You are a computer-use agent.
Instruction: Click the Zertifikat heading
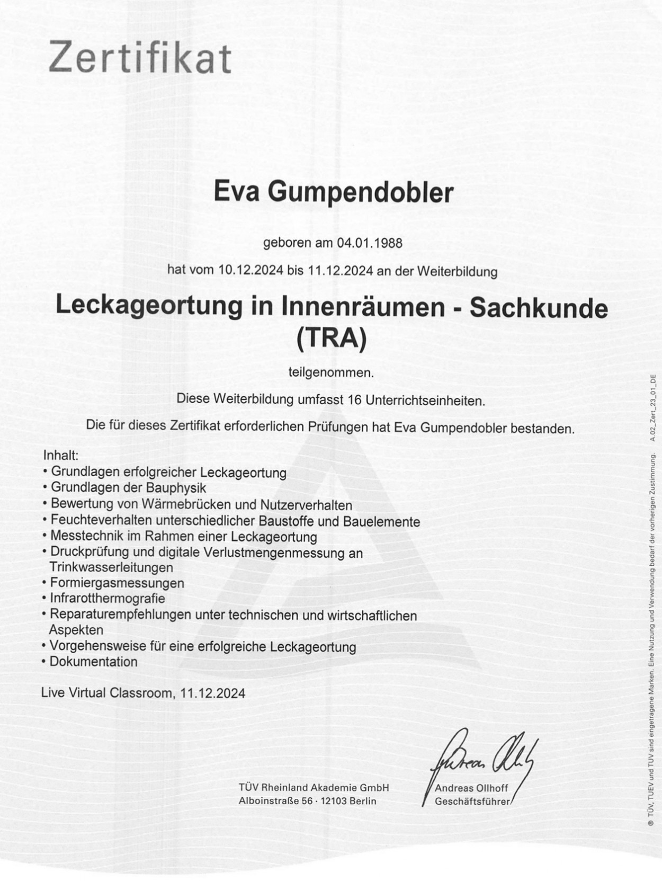point(140,57)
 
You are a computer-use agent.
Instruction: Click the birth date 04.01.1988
point(370,243)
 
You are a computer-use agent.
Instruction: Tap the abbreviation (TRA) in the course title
point(332,339)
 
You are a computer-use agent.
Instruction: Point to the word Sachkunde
point(538,308)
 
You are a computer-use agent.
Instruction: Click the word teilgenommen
point(331,372)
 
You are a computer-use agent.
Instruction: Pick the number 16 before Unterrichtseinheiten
point(354,400)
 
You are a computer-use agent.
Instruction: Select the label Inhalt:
point(60,455)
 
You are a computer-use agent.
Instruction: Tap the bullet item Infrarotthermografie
point(108,599)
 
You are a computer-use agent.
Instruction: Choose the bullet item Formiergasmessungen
point(117,583)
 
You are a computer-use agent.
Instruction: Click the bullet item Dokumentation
point(93,662)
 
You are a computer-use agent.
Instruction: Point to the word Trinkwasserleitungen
point(111,567)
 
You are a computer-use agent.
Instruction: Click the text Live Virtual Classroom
point(107,693)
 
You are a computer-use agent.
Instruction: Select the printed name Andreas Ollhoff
point(471,788)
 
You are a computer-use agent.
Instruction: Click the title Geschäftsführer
point(471,802)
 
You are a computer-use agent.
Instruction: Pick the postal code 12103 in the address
point(335,801)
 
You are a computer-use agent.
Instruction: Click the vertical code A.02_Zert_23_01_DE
point(653,408)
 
